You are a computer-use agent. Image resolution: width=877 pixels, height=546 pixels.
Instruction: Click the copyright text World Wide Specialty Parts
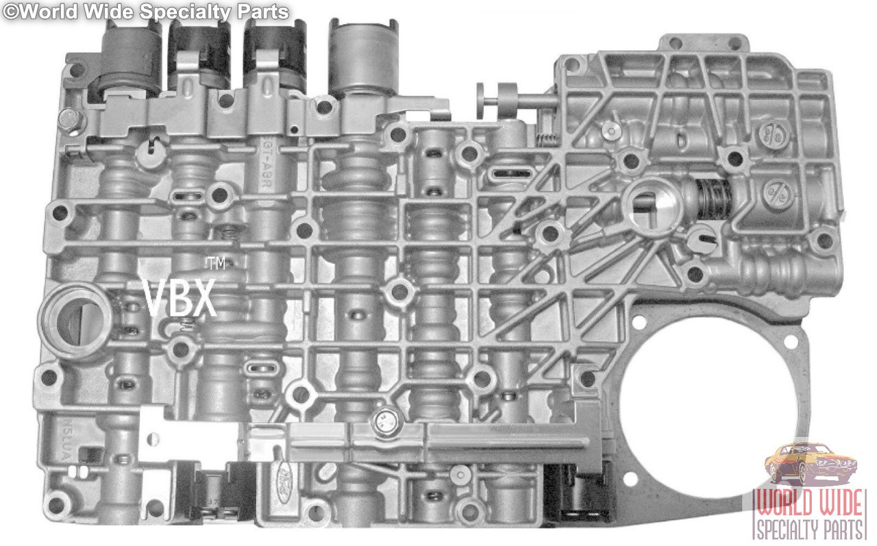click(x=145, y=11)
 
